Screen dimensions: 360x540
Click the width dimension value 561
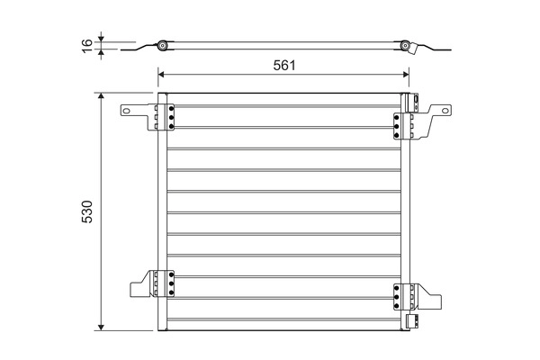pos(284,65)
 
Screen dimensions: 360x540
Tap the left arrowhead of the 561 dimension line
pos(162,76)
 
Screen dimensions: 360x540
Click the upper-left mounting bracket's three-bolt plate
pos(166,117)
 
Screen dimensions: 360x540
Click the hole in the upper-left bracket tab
pos(128,112)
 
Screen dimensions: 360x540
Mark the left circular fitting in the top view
pos(162,46)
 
